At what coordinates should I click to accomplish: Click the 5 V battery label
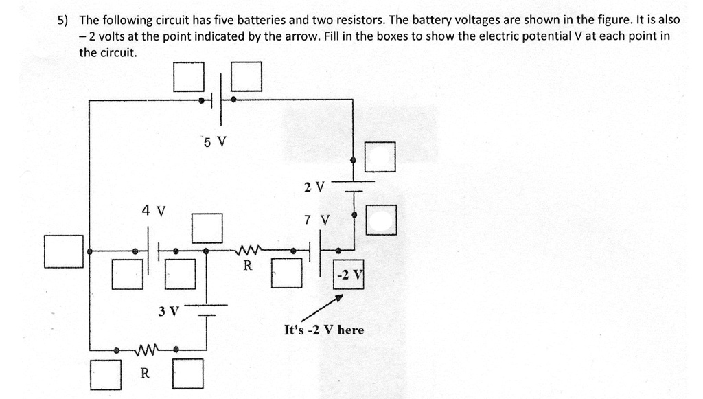click(215, 142)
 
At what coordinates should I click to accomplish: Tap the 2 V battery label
click(314, 187)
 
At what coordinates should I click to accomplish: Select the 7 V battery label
click(316, 220)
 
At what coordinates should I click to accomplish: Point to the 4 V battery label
click(154, 210)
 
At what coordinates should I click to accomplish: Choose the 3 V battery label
click(169, 310)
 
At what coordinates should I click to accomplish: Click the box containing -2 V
click(349, 275)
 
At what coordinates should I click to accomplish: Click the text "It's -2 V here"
click(324, 330)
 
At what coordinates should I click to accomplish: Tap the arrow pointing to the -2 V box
click(323, 308)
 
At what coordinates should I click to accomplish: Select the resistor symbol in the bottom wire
click(147, 349)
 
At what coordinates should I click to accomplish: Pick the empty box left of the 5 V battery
click(189, 77)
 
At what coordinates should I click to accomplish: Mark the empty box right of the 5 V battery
click(246, 76)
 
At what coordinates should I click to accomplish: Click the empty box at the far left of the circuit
click(64, 251)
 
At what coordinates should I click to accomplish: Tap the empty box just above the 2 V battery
click(380, 157)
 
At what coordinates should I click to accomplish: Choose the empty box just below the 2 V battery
click(381, 220)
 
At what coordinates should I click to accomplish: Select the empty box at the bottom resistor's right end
click(188, 374)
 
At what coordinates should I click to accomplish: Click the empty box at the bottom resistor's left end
click(106, 374)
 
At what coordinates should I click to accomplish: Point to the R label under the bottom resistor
click(145, 373)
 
